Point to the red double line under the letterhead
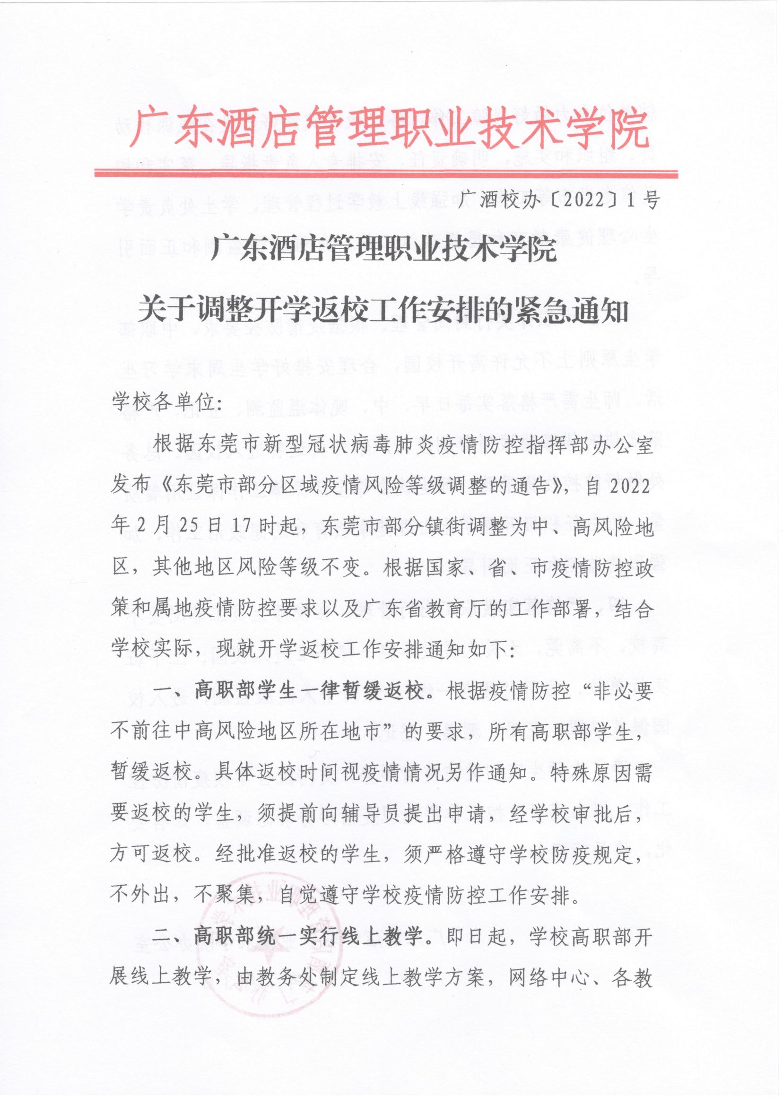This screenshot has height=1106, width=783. pyautogui.click(x=386, y=173)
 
